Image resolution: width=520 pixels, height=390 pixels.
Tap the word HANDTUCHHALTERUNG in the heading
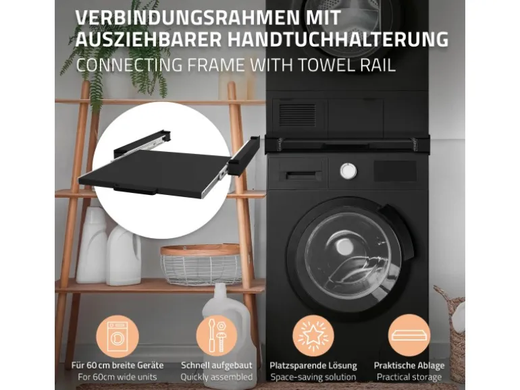coord(338,40)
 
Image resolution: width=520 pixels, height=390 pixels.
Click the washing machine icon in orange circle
coord(118,336)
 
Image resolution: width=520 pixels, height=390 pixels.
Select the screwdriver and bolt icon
coord(217,336)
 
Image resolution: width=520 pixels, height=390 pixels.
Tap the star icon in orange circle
coord(313,336)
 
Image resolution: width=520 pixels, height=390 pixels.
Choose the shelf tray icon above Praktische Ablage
coord(409,335)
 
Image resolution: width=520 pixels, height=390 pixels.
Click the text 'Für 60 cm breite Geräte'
coord(118,366)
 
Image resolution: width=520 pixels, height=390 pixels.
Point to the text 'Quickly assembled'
coord(217,377)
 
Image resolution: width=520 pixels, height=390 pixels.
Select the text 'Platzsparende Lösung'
coord(313,366)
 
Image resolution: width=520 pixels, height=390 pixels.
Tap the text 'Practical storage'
coord(409,377)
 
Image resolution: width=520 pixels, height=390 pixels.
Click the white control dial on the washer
coord(348,171)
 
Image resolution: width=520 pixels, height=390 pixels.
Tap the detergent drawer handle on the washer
coord(304,175)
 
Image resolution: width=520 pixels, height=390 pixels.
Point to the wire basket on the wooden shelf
coord(201,264)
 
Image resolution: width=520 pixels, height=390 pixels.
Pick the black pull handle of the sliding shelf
coord(135,190)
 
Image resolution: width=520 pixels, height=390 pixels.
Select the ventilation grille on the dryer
coord(297,114)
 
